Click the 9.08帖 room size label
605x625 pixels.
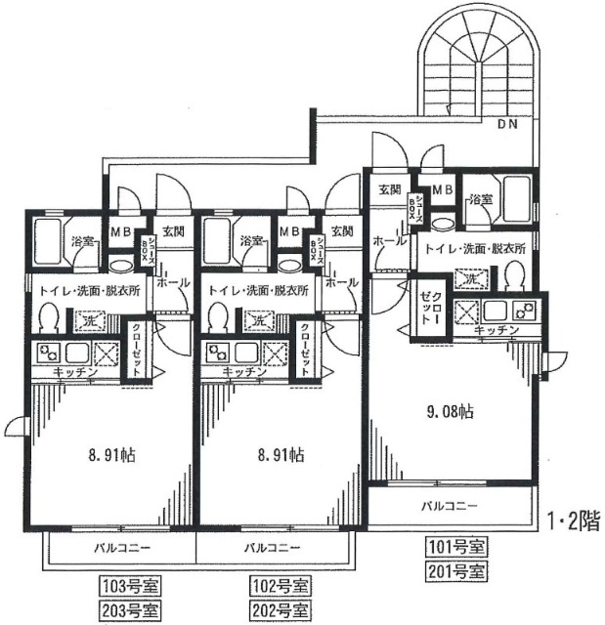pos(451,412)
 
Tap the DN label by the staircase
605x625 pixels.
pos(509,124)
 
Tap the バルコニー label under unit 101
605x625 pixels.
pos(450,507)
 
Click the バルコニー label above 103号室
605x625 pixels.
pos(122,548)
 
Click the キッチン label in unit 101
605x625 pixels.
pos(496,332)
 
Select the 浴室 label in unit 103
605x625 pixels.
pos(81,241)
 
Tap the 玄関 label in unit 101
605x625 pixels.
pos(388,189)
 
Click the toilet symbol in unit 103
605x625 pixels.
pos(50,315)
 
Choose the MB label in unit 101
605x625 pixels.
pos(442,189)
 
